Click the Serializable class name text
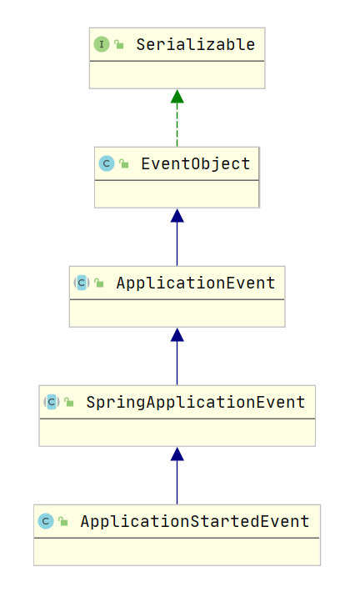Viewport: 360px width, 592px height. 195,44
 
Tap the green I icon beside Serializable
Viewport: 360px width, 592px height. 102,44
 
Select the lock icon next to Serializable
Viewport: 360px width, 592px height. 119,45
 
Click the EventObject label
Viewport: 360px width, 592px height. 195,163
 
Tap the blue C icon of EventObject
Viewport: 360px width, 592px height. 107,163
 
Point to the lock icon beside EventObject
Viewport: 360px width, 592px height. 124,164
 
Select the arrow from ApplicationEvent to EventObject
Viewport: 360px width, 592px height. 177,237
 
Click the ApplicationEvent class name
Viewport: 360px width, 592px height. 195,283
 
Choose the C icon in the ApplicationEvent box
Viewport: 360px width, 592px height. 82,283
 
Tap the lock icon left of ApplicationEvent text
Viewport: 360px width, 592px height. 99,283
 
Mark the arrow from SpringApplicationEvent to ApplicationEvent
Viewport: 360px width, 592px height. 177,356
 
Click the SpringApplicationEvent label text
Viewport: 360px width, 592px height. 195,402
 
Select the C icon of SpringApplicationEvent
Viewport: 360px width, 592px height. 52,402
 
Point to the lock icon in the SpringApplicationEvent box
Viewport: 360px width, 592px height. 69,403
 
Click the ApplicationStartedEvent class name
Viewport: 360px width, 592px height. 195,521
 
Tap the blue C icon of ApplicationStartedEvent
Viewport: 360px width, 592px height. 46,521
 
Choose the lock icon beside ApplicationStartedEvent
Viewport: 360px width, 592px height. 63,522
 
